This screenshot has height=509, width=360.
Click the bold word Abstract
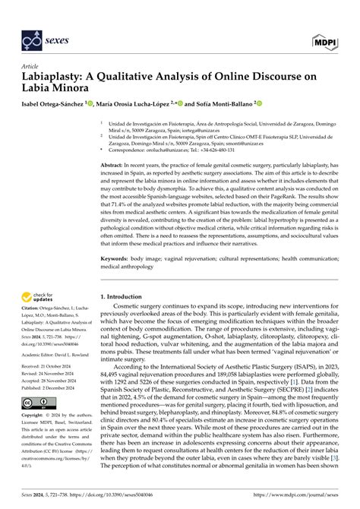113,164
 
